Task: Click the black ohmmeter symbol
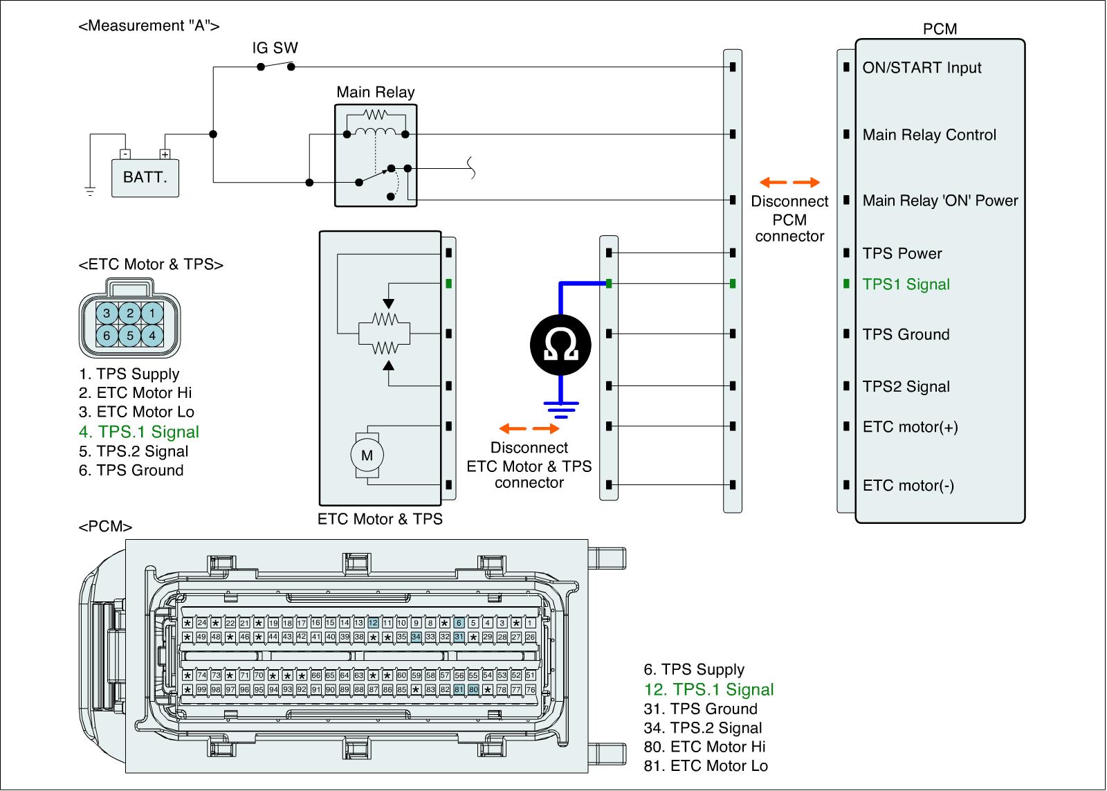560,345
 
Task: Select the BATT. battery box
145,177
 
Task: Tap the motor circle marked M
367,455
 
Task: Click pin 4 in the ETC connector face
152,336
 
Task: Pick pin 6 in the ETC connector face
107,336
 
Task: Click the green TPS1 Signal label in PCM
906,284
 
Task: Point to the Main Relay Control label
929,134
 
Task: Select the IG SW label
275,48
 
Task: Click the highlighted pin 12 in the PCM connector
373,623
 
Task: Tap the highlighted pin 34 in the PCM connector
416,637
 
